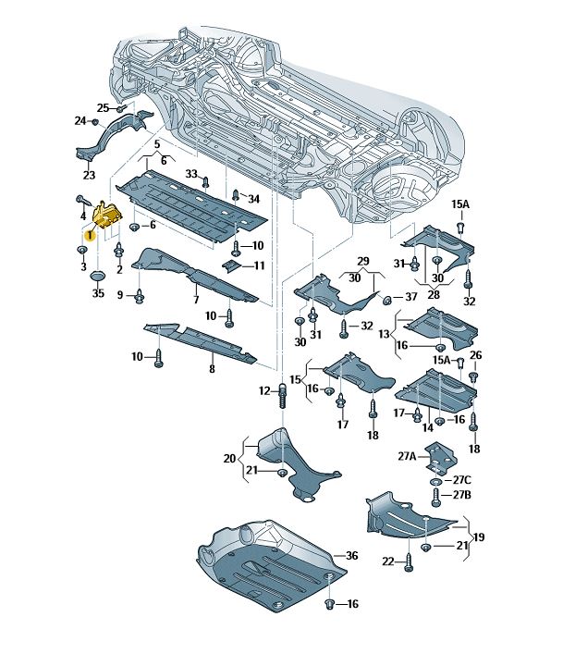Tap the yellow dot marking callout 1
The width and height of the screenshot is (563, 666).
(x=90, y=236)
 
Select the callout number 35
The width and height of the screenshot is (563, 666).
(x=98, y=293)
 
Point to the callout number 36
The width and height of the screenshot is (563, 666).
(x=350, y=555)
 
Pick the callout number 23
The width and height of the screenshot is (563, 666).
(x=89, y=175)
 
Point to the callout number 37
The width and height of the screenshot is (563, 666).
(x=411, y=297)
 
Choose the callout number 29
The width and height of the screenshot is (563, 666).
(x=363, y=262)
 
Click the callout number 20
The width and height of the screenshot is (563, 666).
(x=230, y=458)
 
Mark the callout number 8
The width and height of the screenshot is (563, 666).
(x=212, y=369)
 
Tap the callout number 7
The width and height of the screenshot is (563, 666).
(x=195, y=300)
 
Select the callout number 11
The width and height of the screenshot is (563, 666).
(x=259, y=265)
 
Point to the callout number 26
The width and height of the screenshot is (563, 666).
(x=475, y=355)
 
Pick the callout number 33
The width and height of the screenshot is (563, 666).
(x=190, y=173)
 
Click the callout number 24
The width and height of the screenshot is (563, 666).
(x=80, y=120)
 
